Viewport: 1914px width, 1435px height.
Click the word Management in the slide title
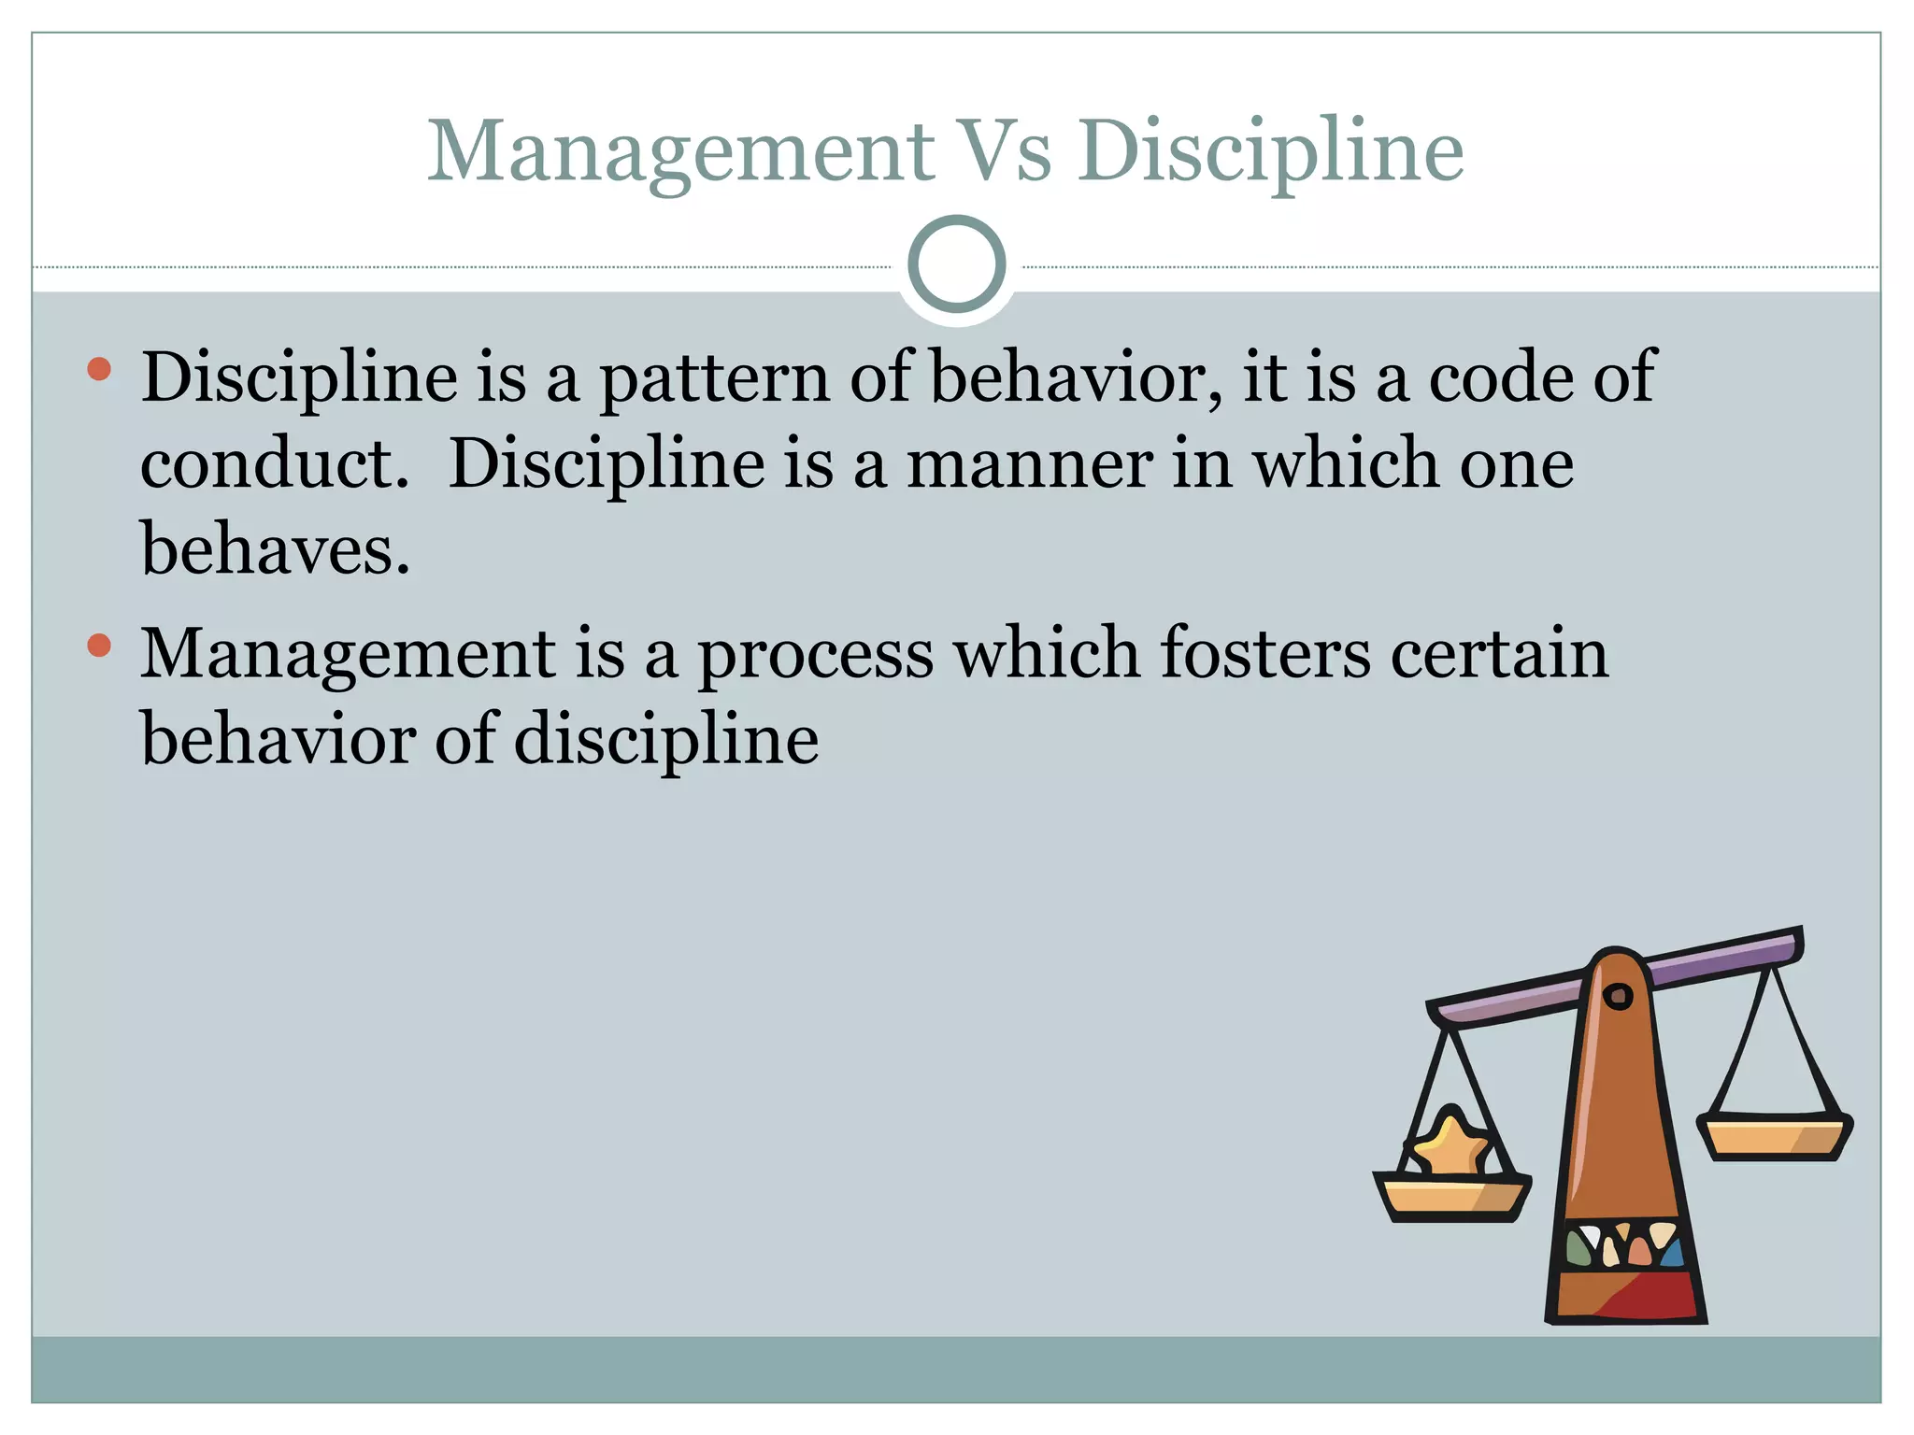[680, 151]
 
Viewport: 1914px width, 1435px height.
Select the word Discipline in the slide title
[1270, 151]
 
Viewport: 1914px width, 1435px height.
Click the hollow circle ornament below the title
[956, 263]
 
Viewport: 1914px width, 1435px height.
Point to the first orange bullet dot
[99, 369]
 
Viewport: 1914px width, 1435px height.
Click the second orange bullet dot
[99, 645]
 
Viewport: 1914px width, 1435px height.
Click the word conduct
[274, 464]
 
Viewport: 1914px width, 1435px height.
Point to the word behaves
[274, 549]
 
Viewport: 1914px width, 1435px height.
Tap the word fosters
[1265, 653]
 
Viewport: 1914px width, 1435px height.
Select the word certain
[1499, 653]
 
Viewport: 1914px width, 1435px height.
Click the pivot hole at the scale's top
[1618, 996]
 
